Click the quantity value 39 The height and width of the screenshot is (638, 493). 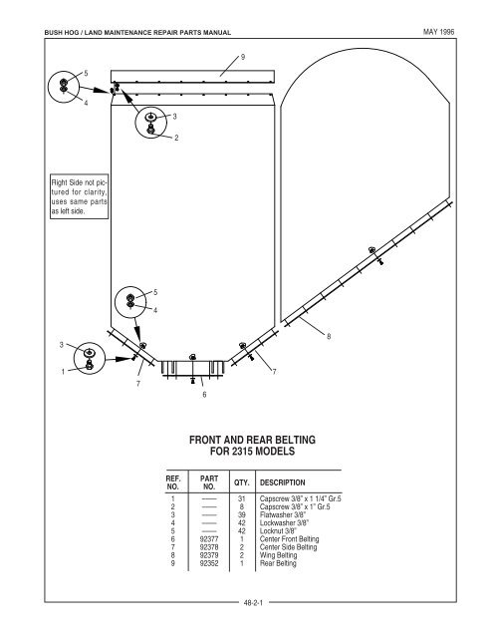[x=242, y=510]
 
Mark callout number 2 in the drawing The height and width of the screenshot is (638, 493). [x=176, y=138]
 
